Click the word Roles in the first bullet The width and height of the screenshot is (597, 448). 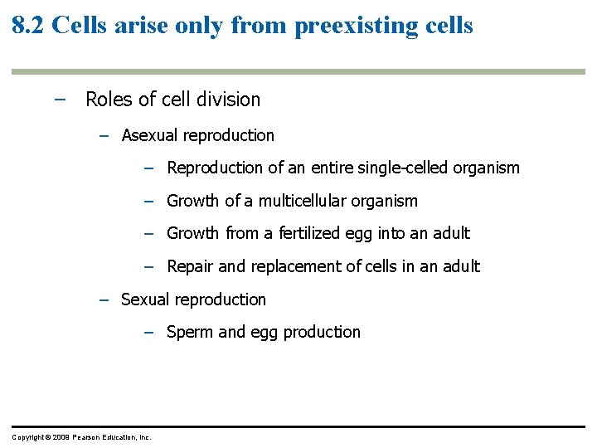click(108, 100)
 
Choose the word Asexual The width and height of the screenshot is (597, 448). click(150, 135)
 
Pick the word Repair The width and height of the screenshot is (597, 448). click(191, 266)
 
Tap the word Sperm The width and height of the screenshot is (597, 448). click(190, 332)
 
